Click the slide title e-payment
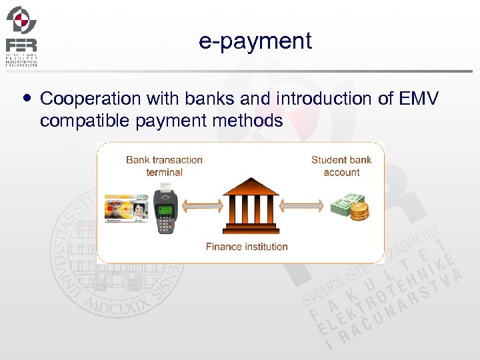tap(255, 41)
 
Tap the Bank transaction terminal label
tap(164, 165)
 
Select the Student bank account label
tap(341, 165)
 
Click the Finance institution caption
tap(247, 247)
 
